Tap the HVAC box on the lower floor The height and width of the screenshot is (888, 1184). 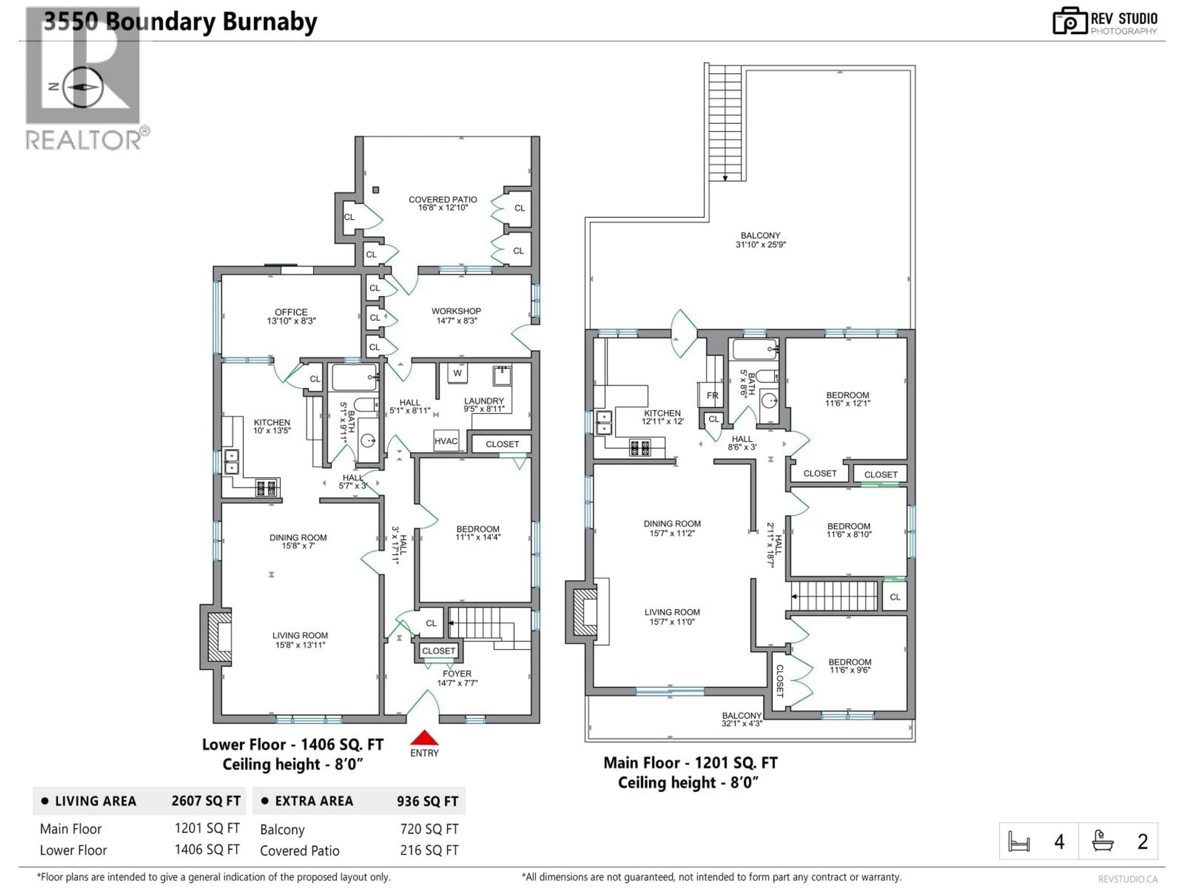(446, 441)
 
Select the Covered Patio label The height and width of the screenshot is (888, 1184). (443, 203)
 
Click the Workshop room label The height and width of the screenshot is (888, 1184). (456, 315)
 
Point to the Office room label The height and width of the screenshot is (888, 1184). (291, 316)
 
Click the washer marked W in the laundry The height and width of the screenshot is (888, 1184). (457, 373)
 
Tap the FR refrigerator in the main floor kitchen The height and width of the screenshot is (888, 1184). (712, 396)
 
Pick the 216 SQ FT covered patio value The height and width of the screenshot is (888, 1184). (429, 850)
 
